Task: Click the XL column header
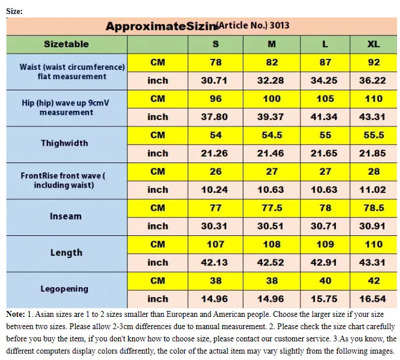pos(374,44)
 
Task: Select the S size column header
pos(215,44)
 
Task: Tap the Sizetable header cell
pos(66,44)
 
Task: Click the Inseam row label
pos(66,216)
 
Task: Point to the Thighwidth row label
pos(65,143)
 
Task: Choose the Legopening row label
pos(65,289)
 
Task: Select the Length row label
pos(66,253)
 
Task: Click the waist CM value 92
pos(374,62)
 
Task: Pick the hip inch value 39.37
pos(270,117)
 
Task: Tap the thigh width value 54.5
pos(270,135)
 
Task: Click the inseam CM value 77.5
pos(270,208)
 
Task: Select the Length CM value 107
pos(215,244)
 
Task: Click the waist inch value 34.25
pos(324,81)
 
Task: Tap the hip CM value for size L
pos(325,99)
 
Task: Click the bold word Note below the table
pos(15,315)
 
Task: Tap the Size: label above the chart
pos(14,11)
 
